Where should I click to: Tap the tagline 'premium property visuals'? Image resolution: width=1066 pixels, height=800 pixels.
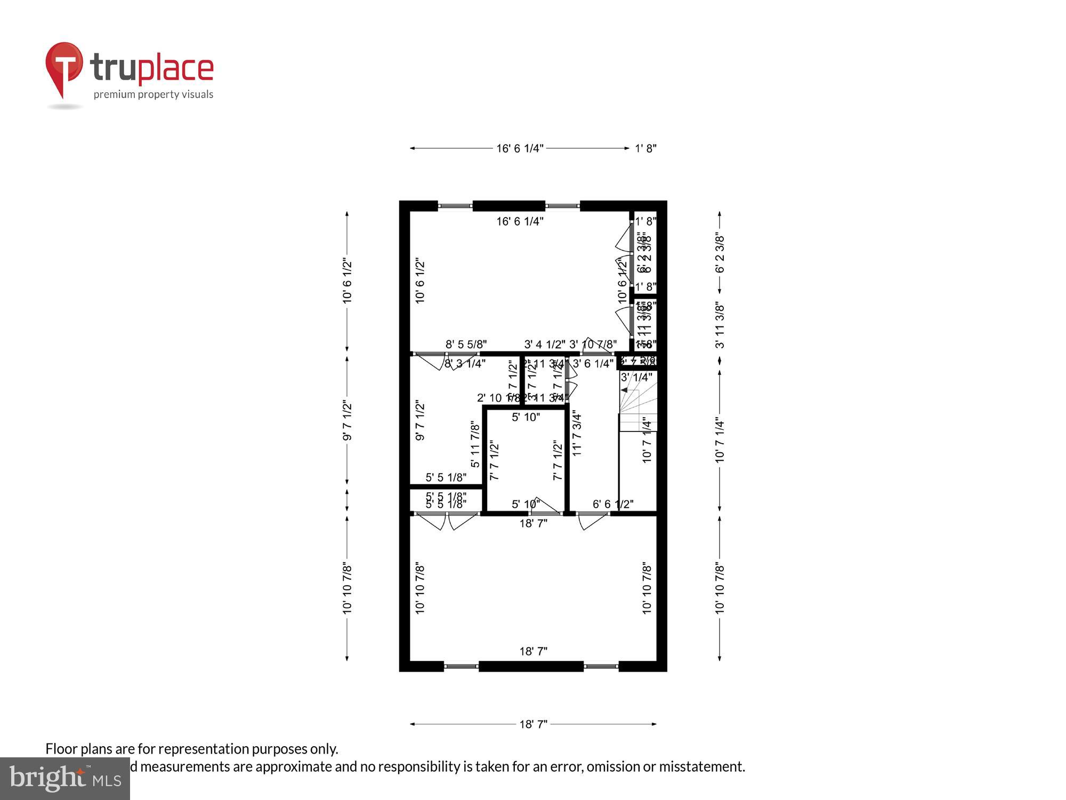click(154, 94)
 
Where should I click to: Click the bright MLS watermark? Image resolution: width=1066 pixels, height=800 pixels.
click(65, 778)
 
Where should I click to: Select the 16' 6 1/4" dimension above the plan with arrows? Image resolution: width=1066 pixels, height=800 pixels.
click(520, 148)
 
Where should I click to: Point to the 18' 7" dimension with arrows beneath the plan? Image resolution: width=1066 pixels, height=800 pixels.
click(533, 724)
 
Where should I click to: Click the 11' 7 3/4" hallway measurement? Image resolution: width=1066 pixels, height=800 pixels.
click(577, 433)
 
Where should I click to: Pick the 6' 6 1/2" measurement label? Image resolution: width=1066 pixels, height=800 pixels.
click(613, 504)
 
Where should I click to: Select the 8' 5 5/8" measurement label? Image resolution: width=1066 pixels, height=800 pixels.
click(466, 345)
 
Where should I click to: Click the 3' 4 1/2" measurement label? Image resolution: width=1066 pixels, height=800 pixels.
click(545, 345)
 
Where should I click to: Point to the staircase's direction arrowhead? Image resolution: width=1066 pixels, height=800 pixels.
click(624, 390)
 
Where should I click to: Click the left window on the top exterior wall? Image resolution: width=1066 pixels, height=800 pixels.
click(455, 206)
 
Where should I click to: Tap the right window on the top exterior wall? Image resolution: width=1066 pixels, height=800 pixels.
click(562, 206)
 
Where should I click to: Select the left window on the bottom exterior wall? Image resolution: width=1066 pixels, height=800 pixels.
click(461, 666)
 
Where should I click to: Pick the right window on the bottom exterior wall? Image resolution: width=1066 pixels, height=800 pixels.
click(601, 666)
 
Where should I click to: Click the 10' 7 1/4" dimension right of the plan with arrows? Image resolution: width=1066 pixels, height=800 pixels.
click(720, 440)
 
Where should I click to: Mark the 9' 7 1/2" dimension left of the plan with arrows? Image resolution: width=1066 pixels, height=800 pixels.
click(347, 421)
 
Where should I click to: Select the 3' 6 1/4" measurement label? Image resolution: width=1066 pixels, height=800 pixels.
click(593, 364)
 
